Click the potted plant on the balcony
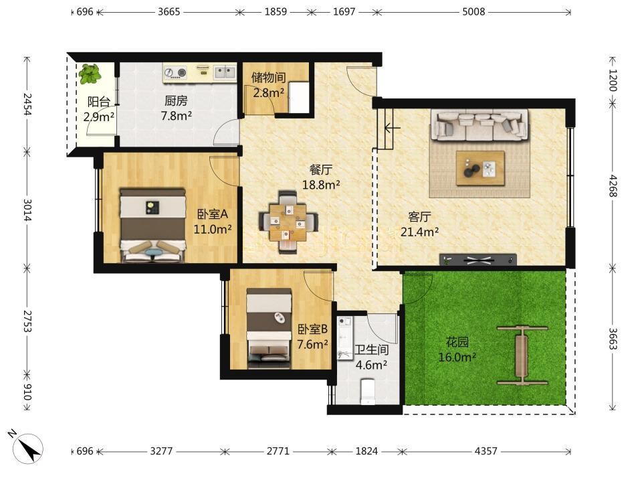click(90, 74)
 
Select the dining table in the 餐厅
click(288, 222)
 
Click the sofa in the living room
click(479, 125)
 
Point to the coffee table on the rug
click(480, 169)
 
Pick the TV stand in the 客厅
click(477, 260)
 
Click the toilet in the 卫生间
click(368, 391)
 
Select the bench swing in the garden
click(522, 355)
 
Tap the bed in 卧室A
click(152, 225)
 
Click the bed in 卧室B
click(269, 328)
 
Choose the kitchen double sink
click(225, 73)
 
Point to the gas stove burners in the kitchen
click(175, 73)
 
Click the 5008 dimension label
click(473, 11)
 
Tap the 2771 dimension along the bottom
click(278, 451)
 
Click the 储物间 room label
click(269, 78)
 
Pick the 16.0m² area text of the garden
click(457, 357)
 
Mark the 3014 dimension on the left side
click(27, 210)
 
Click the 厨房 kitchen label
click(176, 100)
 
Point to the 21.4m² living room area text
click(420, 232)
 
